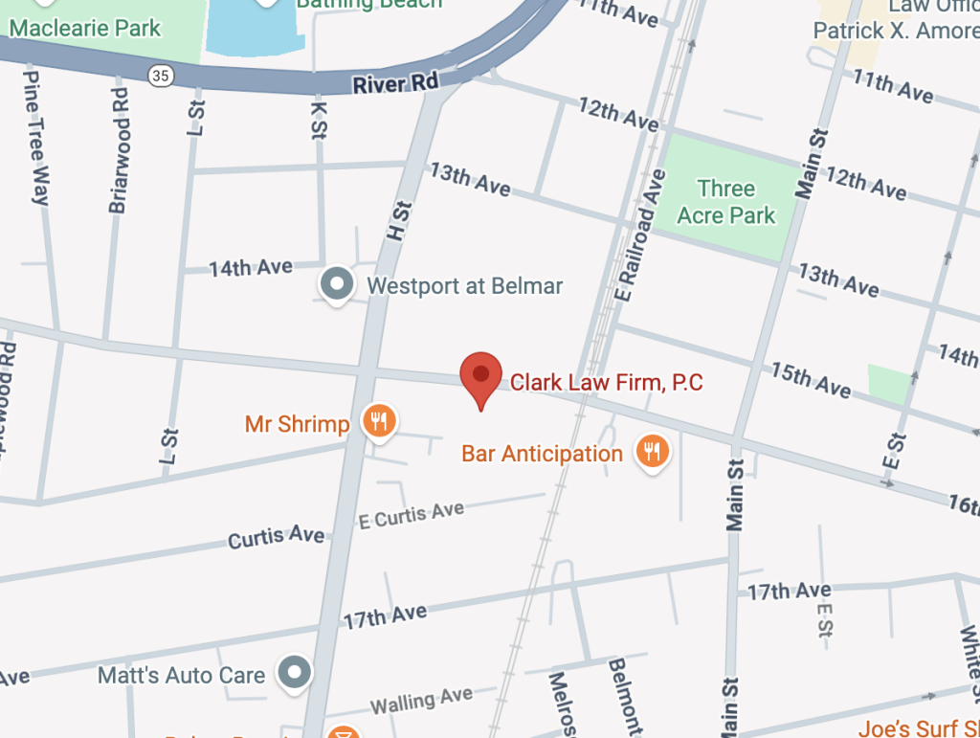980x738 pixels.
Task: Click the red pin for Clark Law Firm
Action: pos(480,376)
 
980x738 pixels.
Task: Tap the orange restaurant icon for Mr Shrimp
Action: pos(380,420)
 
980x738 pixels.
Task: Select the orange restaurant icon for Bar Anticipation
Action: pos(653,451)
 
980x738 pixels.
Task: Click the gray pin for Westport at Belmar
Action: pos(337,284)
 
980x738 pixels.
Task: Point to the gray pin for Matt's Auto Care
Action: pos(294,673)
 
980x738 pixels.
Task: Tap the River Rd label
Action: pos(394,84)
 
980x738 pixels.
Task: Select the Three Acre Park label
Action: pos(726,201)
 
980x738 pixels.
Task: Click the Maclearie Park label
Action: pos(85,27)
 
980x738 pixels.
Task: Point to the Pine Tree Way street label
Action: pos(35,137)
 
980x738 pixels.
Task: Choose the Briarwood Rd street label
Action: pos(119,150)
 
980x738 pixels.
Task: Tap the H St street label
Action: pos(398,220)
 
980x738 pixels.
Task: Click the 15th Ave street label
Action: pos(810,378)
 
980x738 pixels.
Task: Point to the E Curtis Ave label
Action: pos(411,515)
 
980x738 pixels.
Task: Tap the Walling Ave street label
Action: pos(421,702)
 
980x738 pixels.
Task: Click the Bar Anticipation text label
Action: pos(542,453)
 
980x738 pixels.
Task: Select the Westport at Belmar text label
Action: pos(465,285)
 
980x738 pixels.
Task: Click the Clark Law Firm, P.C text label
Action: pos(607,383)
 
